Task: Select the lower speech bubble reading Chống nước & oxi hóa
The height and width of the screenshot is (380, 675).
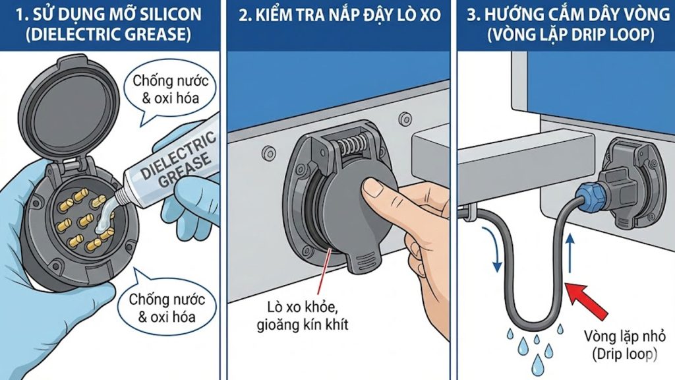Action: (x=167, y=307)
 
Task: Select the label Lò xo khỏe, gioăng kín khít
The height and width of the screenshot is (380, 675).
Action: (x=302, y=316)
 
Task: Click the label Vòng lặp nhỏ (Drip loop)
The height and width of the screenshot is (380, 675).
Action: (x=625, y=344)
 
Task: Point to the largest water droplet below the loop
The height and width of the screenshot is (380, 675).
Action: (x=537, y=365)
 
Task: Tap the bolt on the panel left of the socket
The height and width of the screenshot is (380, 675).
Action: (x=269, y=152)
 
